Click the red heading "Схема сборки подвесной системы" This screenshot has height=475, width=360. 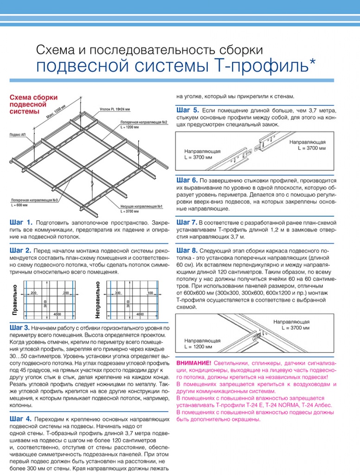tap(33, 104)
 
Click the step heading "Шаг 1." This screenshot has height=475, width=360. tap(20, 222)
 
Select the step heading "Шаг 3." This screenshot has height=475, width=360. tap(20, 328)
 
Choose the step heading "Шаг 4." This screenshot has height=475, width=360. tap(20, 418)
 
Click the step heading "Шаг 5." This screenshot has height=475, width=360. tap(188, 110)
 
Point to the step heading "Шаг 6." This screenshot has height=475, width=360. tap(187, 180)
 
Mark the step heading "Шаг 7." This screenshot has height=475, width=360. tap(187, 222)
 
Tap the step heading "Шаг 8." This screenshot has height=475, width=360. tap(187, 250)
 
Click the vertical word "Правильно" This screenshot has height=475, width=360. tap(14, 301)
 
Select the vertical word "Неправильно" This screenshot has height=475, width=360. tap(97, 299)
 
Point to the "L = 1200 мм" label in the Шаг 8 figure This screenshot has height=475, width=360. tap(198, 347)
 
